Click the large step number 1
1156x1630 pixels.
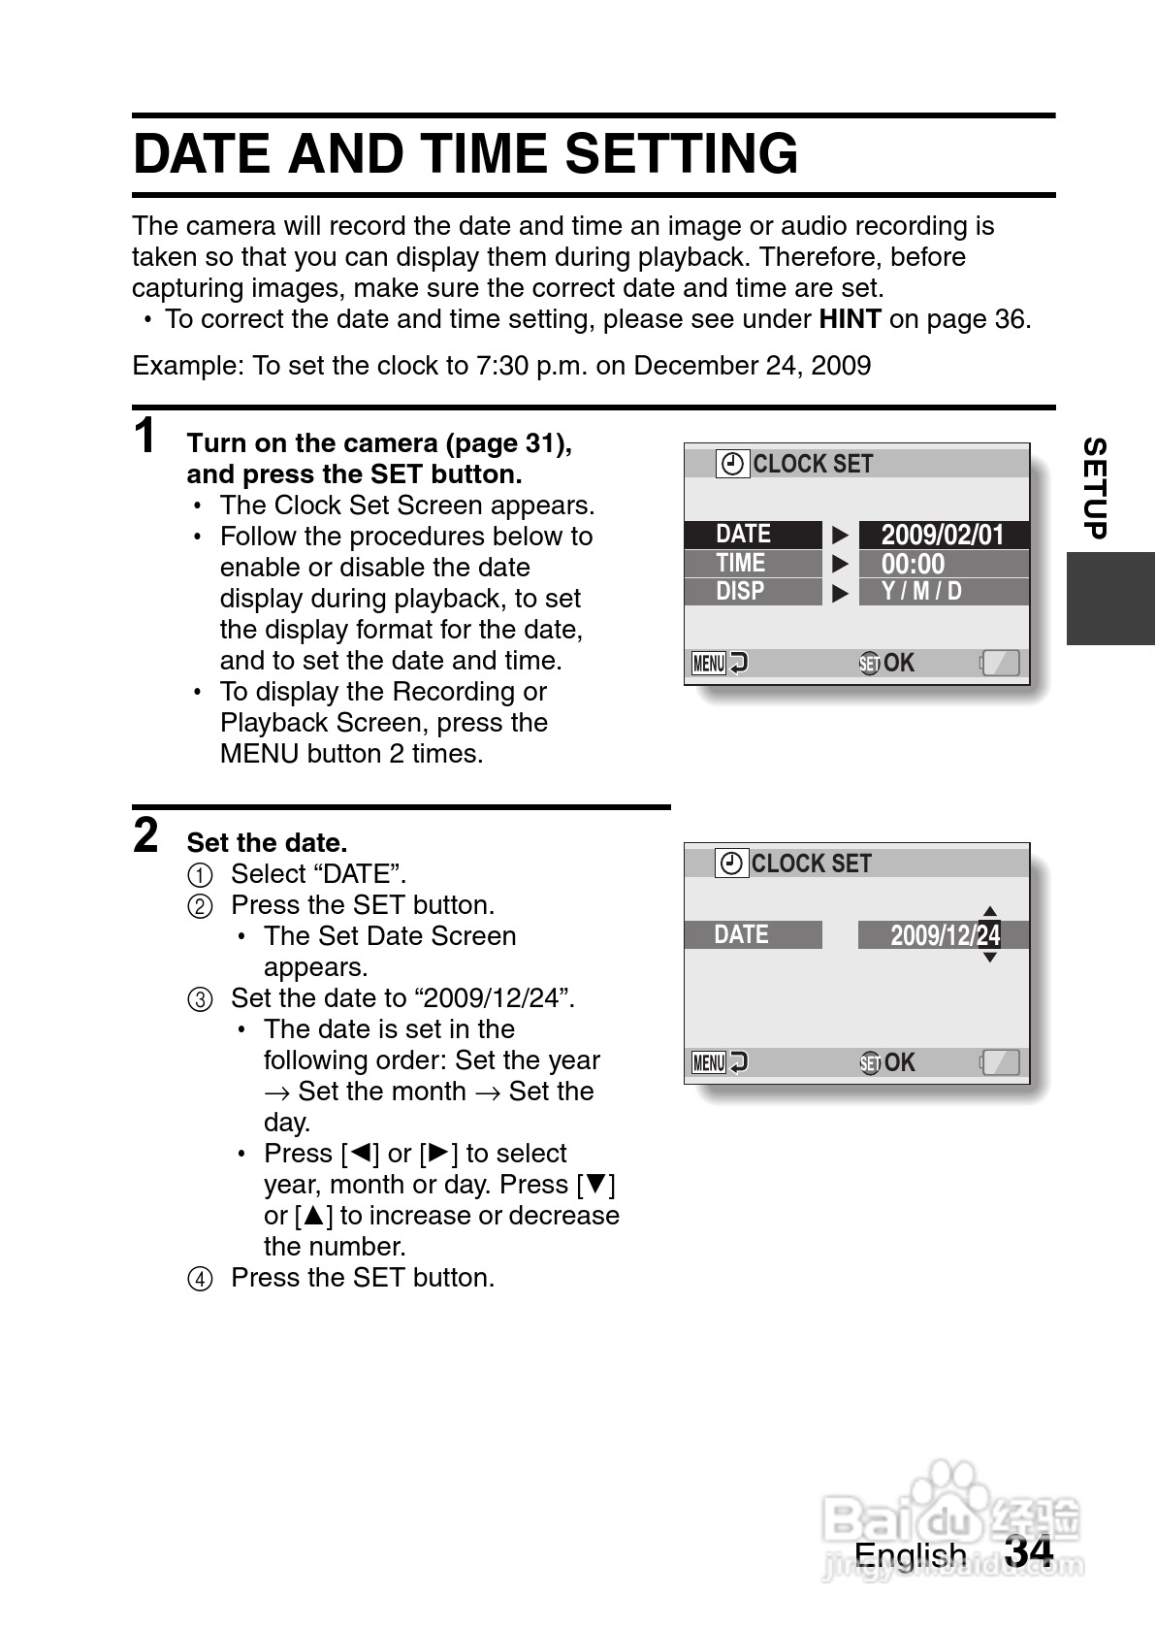coord(144,437)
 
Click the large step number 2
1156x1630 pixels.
coord(145,835)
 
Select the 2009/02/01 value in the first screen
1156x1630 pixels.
coord(943,535)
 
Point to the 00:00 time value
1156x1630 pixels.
coord(913,564)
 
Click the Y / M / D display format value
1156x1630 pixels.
coord(921,591)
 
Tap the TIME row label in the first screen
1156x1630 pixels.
coord(741,563)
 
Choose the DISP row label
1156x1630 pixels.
coord(740,591)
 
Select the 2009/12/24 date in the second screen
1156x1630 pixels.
coord(945,935)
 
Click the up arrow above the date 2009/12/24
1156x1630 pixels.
coord(989,911)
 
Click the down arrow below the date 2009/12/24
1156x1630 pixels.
coord(989,958)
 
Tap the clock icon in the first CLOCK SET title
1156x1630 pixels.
coord(733,464)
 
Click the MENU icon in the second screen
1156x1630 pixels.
coord(709,1062)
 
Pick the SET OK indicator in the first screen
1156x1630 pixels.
coord(886,663)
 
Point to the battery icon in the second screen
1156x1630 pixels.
coord(1000,1062)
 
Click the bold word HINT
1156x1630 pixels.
coord(850,319)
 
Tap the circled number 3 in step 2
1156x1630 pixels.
coord(199,999)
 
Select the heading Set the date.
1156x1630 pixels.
coord(267,842)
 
